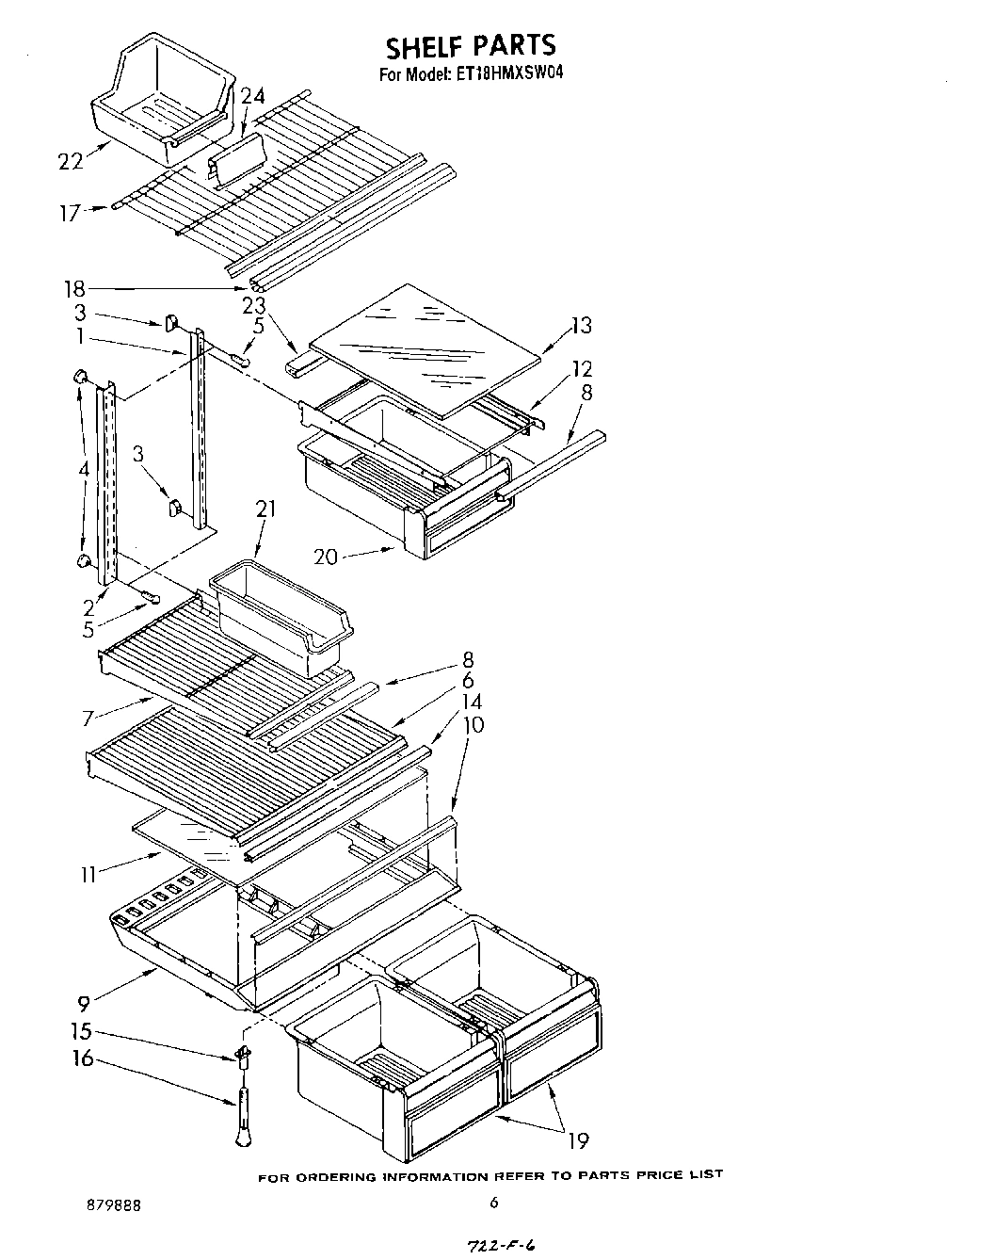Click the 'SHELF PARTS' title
(x=470, y=44)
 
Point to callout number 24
(x=253, y=95)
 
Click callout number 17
(x=70, y=213)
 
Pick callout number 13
(x=581, y=326)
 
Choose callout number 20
(x=326, y=557)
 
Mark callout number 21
(x=265, y=509)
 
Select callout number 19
(x=577, y=1140)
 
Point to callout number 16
(x=83, y=1058)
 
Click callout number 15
(x=83, y=1031)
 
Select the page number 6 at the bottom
(x=493, y=1203)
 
